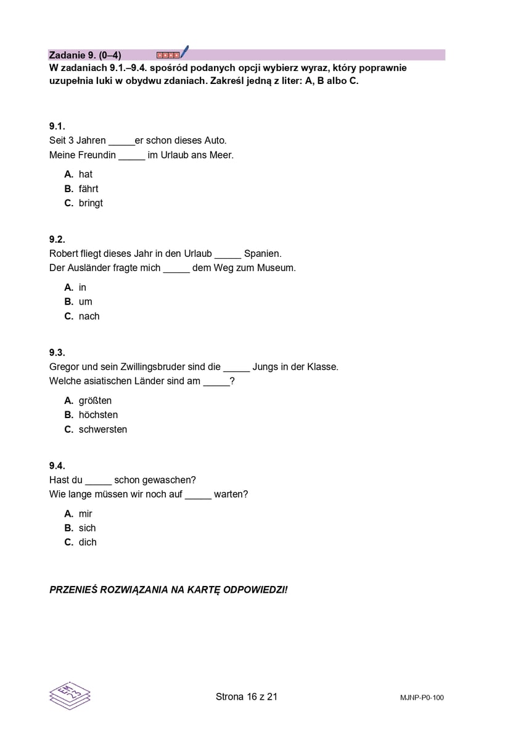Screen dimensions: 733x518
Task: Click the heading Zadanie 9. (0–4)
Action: click(85, 55)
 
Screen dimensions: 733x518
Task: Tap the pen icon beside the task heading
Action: click(184, 52)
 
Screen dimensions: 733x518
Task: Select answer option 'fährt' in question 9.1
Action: click(88, 188)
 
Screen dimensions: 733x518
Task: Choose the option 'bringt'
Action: click(91, 203)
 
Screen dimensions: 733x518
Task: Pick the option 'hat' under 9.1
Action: click(85, 174)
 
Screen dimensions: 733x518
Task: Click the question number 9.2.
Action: click(57, 239)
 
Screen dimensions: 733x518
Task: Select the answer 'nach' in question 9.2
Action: click(89, 316)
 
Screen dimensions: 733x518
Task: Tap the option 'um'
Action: click(85, 301)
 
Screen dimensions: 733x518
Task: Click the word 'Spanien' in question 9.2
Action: click(262, 253)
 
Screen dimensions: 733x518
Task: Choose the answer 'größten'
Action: click(95, 400)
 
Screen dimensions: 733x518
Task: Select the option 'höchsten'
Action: click(98, 414)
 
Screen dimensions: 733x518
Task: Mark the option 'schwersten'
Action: click(102, 429)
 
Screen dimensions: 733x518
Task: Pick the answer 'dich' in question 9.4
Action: click(88, 542)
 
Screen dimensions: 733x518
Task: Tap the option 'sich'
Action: click(87, 528)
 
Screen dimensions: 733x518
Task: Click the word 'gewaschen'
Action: click(168, 480)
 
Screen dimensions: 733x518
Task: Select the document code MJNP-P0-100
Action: click(421, 698)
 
